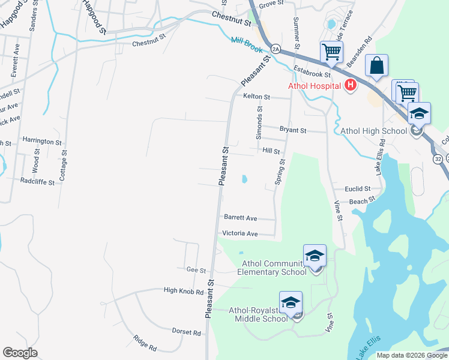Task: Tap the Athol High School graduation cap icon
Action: [x=419, y=113]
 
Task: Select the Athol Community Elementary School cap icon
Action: [x=315, y=256]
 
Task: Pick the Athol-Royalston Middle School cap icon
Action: [x=291, y=302]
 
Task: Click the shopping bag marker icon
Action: [x=376, y=65]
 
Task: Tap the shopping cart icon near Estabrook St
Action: [x=331, y=52]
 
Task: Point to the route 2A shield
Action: [x=275, y=49]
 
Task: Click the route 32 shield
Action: [x=438, y=158]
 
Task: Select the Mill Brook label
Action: [x=247, y=44]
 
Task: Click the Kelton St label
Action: [x=257, y=96]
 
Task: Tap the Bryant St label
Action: [x=293, y=130]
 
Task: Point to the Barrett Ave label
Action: [x=240, y=218]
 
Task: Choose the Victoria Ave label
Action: [x=240, y=233]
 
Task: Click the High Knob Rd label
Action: [x=184, y=290]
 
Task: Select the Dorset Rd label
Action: [x=186, y=332]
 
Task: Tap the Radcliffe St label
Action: [x=37, y=181]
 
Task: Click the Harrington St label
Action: [x=42, y=142]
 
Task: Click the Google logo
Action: [x=20, y=353]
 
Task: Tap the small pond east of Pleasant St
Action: [x=244, y=179]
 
